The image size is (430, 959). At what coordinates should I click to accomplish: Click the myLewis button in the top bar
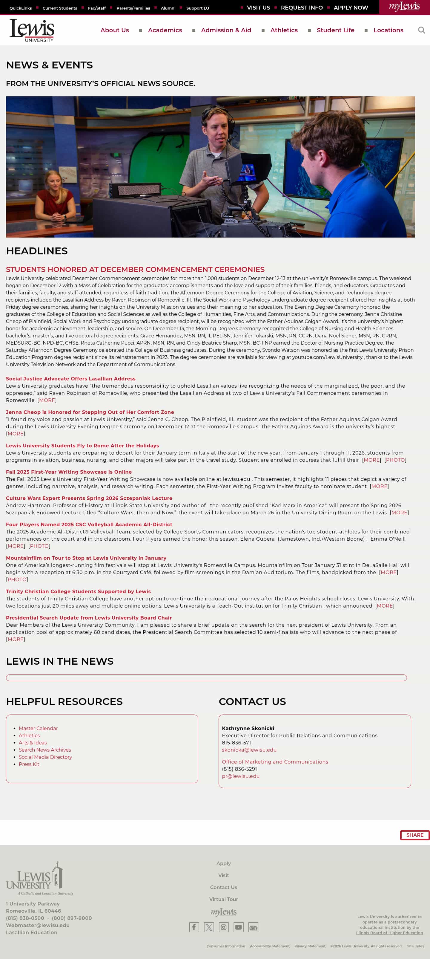(404, 7)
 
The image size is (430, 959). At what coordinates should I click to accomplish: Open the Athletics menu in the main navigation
(284, 30)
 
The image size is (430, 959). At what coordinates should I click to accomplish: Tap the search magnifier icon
(421, 30)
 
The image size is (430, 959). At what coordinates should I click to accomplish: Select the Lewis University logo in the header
(32, 30)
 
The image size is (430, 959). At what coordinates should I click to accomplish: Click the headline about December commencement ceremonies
(135, 269)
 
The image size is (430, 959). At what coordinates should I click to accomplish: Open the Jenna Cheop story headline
(90, 412)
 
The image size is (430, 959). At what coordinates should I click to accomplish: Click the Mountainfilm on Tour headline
(86, 558)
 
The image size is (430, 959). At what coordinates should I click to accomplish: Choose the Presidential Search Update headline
(88, 618)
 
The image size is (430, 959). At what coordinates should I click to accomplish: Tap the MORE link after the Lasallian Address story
(47, 400)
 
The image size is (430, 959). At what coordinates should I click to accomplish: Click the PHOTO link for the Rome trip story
(395, 460)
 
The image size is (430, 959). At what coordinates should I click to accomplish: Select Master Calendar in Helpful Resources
(38, 728)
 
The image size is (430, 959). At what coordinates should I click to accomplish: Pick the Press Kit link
(29, 764)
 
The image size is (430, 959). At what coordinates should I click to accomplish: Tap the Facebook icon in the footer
(194, 927)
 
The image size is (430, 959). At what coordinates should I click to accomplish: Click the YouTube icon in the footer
(238, 927)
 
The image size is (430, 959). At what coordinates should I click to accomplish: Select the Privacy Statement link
(309, 946)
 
